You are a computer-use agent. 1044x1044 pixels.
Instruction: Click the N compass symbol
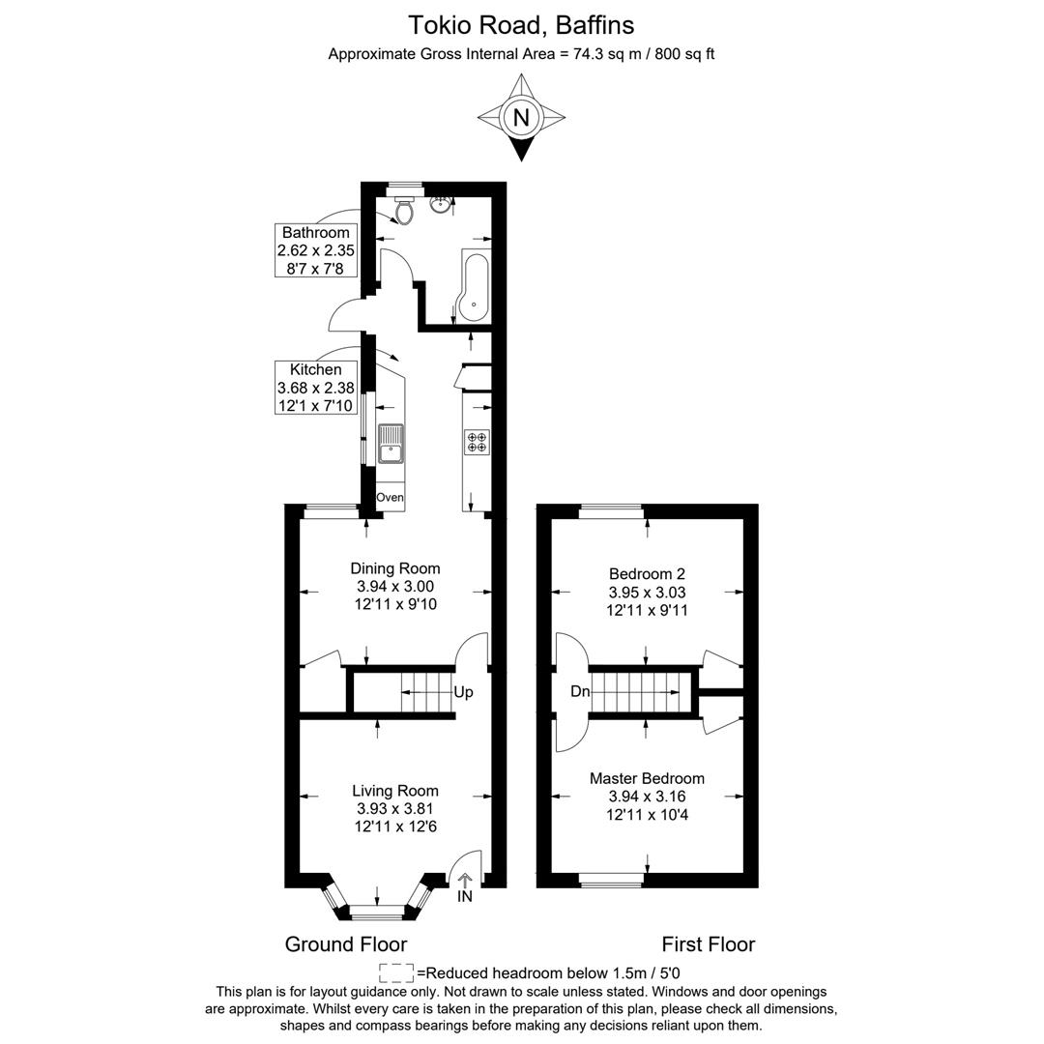pos(521,118)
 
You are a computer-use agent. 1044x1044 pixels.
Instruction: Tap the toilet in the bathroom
pos(405,209)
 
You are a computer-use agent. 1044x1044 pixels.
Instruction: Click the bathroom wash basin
pos(443,203)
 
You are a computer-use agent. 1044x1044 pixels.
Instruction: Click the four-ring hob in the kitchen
pos(478,442)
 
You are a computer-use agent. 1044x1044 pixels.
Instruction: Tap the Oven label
pos(390,497)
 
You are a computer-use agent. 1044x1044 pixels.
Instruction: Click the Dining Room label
pos(394,568)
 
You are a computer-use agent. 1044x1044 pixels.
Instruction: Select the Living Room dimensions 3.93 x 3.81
pos(394,808)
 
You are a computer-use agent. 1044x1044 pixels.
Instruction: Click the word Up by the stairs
pos(463,692)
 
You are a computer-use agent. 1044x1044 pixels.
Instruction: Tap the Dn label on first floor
pos(580,692)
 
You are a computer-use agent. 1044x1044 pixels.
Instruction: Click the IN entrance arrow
pos(465,886)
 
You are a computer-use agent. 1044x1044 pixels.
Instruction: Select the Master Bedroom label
pos(647,778)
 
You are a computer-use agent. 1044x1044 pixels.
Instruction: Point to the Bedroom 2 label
pos(647,574)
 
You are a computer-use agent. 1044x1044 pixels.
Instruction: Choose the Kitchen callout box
pos(315,388)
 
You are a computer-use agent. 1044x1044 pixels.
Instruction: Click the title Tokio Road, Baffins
pos(521,24)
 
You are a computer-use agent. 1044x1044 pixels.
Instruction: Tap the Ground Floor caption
pos(345,944)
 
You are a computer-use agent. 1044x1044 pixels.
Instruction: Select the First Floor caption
pos(708,944)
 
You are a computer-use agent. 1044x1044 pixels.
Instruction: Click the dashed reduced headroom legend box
pos(396,972)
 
